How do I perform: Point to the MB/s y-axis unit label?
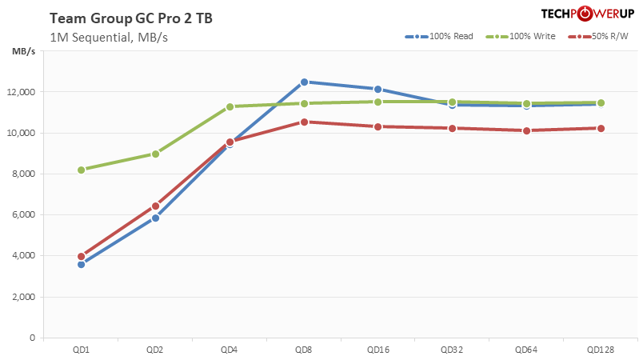(23, 52)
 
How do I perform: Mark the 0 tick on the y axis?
(32, 338)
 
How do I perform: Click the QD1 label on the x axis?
(81, 350)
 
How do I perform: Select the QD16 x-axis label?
(377, 350)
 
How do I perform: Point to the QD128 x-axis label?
(601, 350)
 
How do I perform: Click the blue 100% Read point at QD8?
(304, 82)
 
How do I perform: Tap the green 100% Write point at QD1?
(82, 170)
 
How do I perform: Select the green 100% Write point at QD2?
(155, 154)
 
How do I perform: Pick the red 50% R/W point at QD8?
(304, 122)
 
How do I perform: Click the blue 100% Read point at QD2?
(155, 218)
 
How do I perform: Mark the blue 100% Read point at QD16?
(377, 89)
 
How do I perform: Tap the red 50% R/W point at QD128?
(601, 128)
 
